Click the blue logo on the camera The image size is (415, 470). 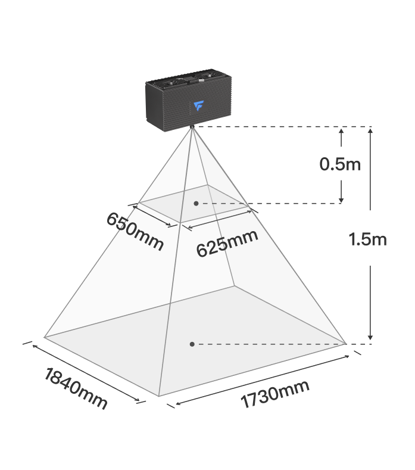[199, 106]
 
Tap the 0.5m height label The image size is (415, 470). [340, 164]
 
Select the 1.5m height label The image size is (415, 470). [367, 239]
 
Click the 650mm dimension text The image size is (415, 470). [135, 231]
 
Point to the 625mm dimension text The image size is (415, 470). [227, 244]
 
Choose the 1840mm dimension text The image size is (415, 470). [76, 388]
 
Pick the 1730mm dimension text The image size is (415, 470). [274, 394]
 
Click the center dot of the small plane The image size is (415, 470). [196, 204]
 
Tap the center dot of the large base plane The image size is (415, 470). [192, 344]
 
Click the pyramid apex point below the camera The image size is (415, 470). [192, 127]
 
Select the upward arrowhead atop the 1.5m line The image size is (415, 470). [370, 130]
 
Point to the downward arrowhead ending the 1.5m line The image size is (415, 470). [370, 337]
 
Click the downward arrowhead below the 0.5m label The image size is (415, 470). [341, 200]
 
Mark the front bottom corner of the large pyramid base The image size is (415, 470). [158, 396]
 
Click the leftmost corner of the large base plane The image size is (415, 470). [44, 337]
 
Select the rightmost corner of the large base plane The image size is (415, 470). [346, 344]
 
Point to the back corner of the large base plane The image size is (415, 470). [235, 287]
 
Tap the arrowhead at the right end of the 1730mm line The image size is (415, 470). [347, 357]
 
